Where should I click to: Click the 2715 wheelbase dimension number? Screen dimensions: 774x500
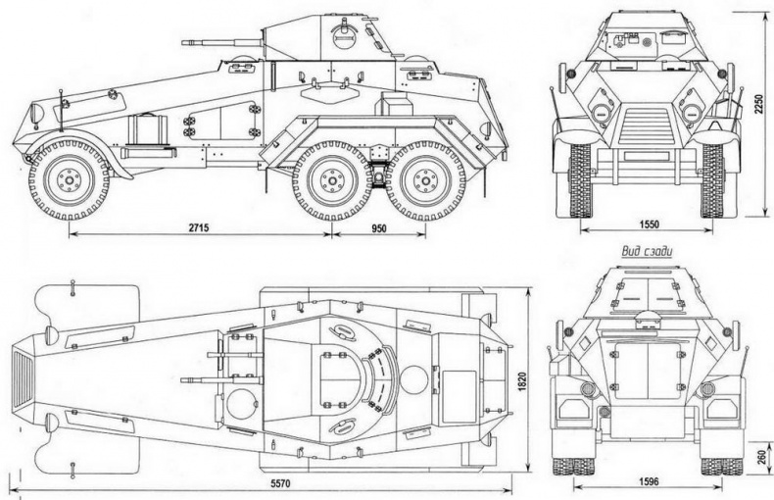coord(198,227)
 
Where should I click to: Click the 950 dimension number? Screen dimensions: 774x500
coord(379,227)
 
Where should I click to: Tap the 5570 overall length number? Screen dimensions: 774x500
coord(280,483)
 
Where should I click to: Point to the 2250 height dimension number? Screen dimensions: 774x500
coord(758,104)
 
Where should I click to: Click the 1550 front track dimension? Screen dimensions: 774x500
coord(649,225)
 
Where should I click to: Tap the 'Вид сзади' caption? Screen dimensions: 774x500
coord(647,252)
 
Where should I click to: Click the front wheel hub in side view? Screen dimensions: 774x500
coord(69,180)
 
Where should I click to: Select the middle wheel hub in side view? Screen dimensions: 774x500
coord(331,180)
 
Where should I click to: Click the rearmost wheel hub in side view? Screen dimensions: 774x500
coord(424,180)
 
